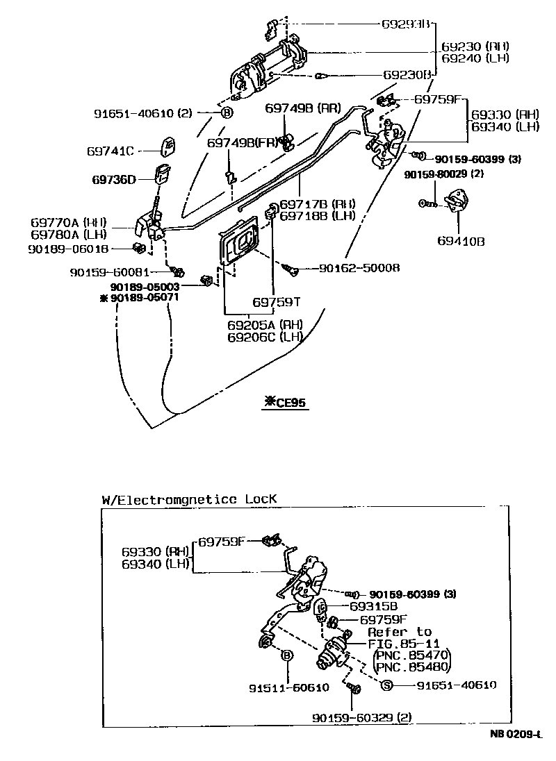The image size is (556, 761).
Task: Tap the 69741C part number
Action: click(115, 150)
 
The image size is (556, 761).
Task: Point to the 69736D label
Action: click(115, 179)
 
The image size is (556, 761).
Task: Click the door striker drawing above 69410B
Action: click(458, 202)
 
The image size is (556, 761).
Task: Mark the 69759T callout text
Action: click(276, 302)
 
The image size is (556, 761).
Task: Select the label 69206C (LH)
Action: click(266, 337)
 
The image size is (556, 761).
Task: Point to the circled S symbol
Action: click(387, 685)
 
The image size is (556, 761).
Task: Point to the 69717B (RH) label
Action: click(318, 204)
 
